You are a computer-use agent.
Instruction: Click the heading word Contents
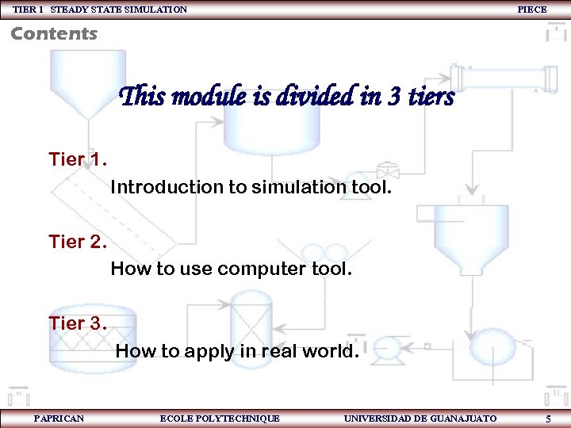click(54, 34)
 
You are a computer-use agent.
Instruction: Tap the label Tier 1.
click(78, 159)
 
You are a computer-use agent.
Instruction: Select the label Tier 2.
click(78, 242)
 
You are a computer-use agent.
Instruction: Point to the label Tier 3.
click(78, 323)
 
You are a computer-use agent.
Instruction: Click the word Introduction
click(156, 187)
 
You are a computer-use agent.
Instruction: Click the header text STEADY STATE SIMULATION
click(119, 10)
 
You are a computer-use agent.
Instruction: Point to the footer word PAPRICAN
click(59, 418)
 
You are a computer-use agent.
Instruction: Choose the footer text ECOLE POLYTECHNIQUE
click(220, 418)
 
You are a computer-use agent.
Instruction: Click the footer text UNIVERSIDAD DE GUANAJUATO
click(420, 418)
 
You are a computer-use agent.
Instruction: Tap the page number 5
click(548, 418)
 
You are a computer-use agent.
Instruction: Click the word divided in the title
click(317, 97)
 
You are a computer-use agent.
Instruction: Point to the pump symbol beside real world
click(387, 347)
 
